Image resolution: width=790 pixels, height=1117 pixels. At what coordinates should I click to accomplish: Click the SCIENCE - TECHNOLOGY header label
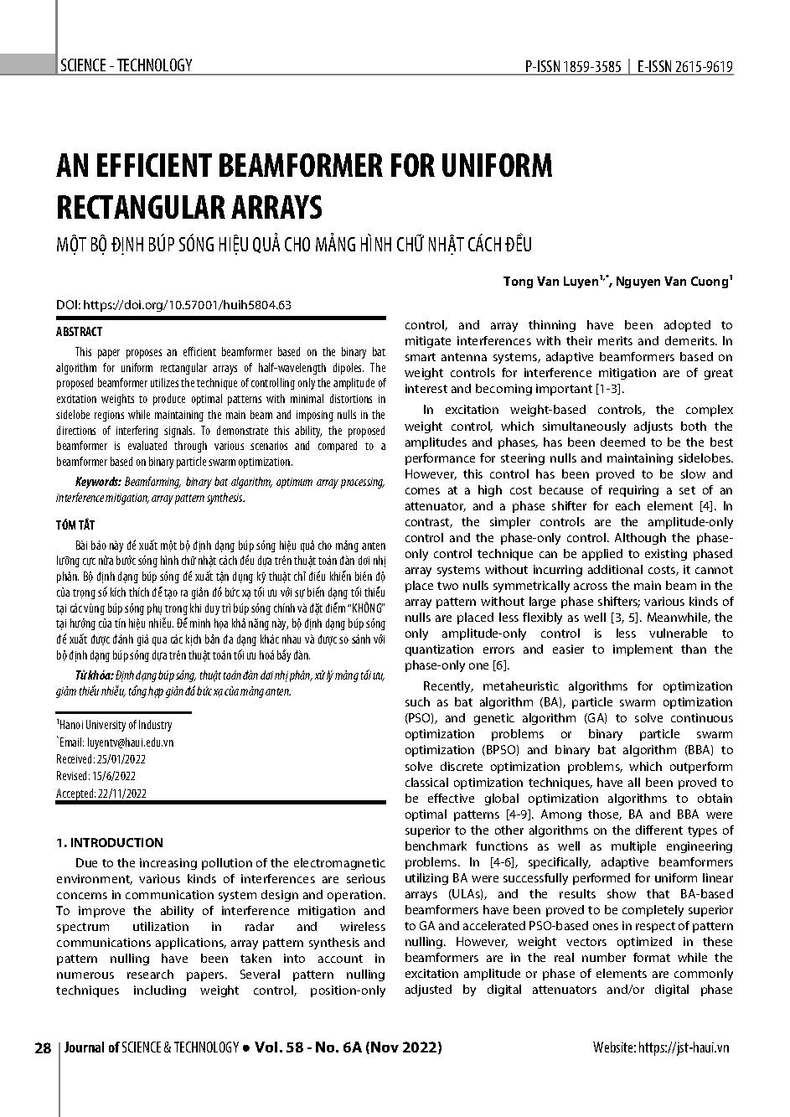[x=126, y=65]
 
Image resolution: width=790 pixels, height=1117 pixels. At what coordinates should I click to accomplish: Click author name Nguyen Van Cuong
[x=669, y=282]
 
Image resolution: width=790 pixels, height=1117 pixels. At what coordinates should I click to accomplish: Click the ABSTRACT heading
[x=79, y=332]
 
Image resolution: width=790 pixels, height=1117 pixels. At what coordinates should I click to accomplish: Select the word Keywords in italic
[x=98, y=482]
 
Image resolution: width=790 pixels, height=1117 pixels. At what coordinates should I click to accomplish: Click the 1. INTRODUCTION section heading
[x=109, y=842]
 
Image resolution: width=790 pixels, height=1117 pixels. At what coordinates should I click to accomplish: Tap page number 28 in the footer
[x=43, y=1047]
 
